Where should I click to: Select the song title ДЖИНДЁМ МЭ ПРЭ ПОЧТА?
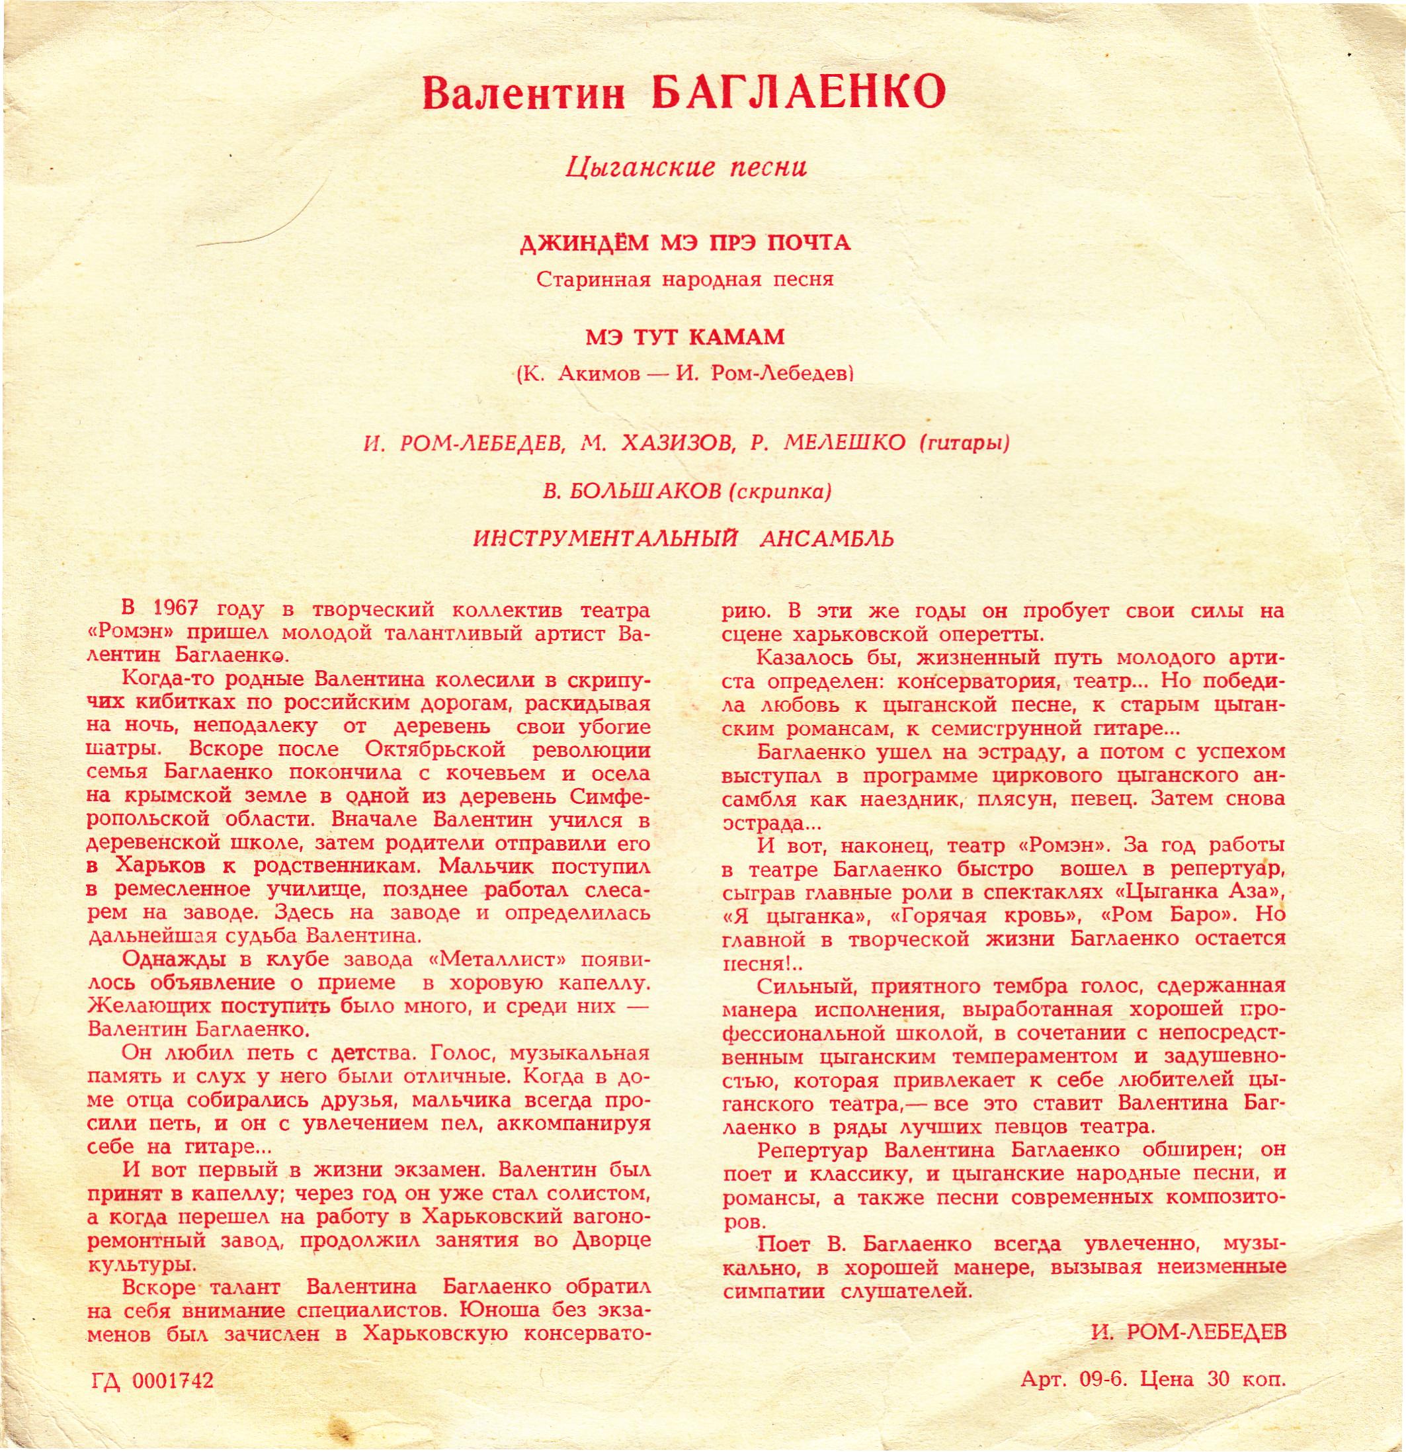click(x=685, y=243)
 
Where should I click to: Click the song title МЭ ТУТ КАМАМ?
click(x=685, y=337)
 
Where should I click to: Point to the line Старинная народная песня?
click(x=685, y=280)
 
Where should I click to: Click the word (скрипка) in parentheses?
click(x=779, y=491)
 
